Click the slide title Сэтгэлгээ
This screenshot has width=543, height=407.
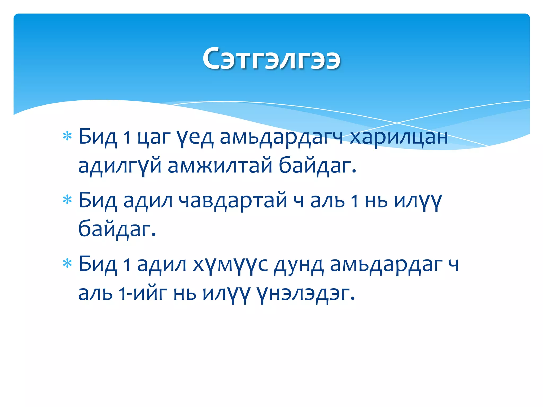(x=271, y=59)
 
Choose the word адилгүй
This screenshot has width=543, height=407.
(x=120, y=166)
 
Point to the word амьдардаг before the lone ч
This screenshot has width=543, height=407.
(x=386, y=265)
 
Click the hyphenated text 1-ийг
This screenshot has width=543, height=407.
(x=143, y=293)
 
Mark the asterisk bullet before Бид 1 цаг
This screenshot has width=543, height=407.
(x=67, y=136)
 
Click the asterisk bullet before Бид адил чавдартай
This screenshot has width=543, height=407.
(x=67, y=200)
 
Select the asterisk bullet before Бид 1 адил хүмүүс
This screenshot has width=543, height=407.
(x=67, y=264)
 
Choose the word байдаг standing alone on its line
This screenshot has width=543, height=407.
(x=117, y=229)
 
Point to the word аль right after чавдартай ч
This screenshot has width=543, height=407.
(x=327, y=201)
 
